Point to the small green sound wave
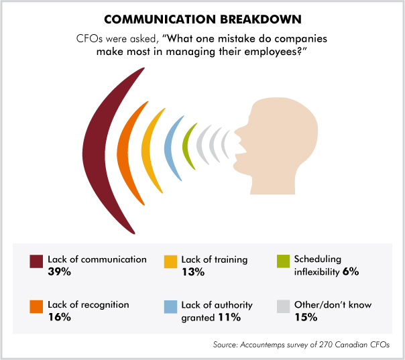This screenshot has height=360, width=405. pyautogui.click(x=190, y=142)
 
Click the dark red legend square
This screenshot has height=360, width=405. pyautogui.click(x=37, y=261)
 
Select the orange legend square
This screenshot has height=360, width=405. pyautogui.click(x=37, y=306)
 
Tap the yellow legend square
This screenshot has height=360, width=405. pyautogui.click(x=170, y=261)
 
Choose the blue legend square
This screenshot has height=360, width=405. pyautogui.click(x=170, y=306)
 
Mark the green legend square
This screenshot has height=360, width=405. pyautogui.click(x=283, y=261)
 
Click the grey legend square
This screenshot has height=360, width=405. pyautogui.click(x=283, y=306)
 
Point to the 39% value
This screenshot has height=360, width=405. pyautogui.click(x=60, y=272)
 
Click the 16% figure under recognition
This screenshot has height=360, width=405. pyautogui.click(x=60, y=318)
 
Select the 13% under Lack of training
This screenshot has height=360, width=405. pyautogui.click(x=192, y=272)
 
